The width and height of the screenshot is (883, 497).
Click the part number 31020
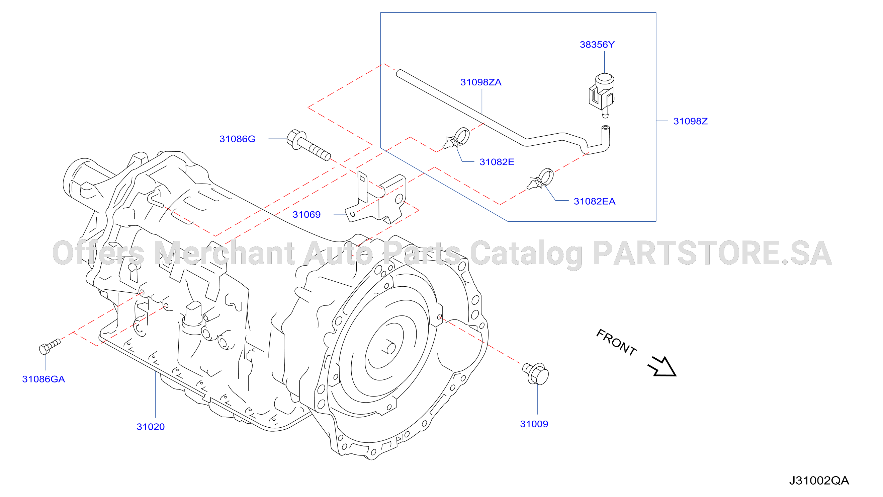[x=151, y=427]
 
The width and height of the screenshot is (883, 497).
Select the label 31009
[x=534, y=424]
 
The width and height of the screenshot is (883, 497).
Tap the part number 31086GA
[x=43, y=379]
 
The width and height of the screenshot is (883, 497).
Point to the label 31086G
[x=237, y=139]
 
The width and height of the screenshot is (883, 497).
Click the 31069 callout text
[x=306, y=214]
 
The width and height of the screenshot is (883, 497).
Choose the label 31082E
[x=497, y=162]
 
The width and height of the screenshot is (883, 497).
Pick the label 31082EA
[x=594, y=201]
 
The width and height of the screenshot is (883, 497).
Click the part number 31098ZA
[x=480, y=82]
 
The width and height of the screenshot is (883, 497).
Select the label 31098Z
[x=690, y=121]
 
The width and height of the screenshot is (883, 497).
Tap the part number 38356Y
[x=597, y=45]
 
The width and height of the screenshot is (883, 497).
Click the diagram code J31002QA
[x=819, y=481]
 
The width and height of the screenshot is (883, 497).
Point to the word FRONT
[x=616, y=342]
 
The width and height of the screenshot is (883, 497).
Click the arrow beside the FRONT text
[x=662, y=367]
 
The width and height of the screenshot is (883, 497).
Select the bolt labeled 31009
[x=535, y=373]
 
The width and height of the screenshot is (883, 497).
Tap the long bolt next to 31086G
[x=308, y=145]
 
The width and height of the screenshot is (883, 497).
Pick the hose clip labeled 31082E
[x=456, y=138]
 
